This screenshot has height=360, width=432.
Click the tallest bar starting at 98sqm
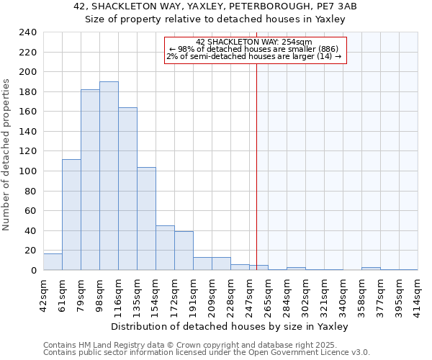click(109, 176)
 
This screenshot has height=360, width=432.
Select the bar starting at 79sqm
click(90, 180)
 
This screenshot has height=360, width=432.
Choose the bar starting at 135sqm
click(146, 219)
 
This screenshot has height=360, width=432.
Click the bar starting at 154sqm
click(165, 248)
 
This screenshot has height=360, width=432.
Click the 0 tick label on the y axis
click(33, 271)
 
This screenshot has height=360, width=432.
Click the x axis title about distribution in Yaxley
click(230, 326)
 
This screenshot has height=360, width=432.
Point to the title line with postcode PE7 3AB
click(215, 6)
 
